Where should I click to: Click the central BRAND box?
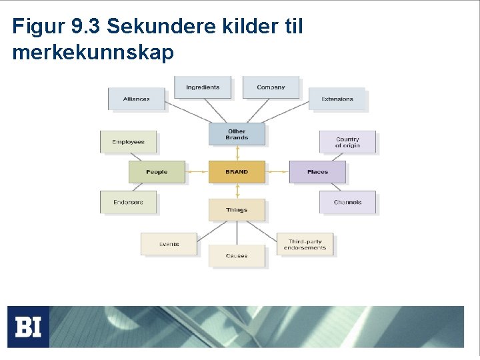[x=237, y=172]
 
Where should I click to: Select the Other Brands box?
[x=237, y=134]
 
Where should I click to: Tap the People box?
[x=157, y=172]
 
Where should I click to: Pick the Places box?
[x=317, y=172]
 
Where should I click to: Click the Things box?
[x=237, y=210]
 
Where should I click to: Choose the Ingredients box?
[x=203, y=87]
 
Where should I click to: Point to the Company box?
[x=271, y=87]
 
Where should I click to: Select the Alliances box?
[x=136, y=99]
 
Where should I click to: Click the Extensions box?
[x=337, y=99]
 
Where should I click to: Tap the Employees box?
[x=128, y=142]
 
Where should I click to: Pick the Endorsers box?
[x=128, y=202]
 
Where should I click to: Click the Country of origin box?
[x=347, y=142]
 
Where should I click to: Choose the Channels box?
[x=347, y=202]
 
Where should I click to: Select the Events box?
[x=169, y=244]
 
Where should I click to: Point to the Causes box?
[x=237, y=256]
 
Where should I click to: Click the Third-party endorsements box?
[x=305, y=244]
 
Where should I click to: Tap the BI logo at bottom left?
[x=28, y=327]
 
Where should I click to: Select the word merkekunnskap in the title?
[x=93, y=53]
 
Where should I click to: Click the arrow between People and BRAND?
[x=197, y=172]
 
